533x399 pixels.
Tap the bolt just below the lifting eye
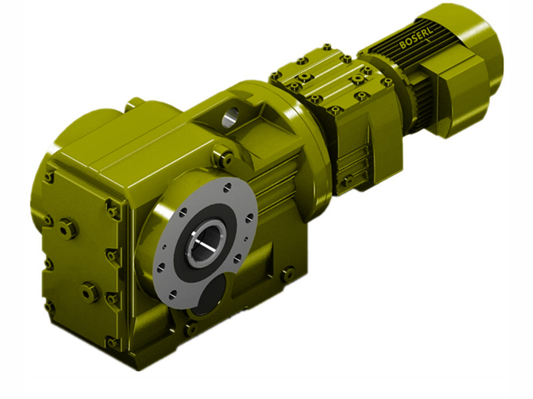coord(225,158)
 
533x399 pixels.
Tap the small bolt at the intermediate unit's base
coord(346,181)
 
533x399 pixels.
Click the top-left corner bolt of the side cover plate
coord(49,177)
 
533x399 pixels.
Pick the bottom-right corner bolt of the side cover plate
coord(112,342)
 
